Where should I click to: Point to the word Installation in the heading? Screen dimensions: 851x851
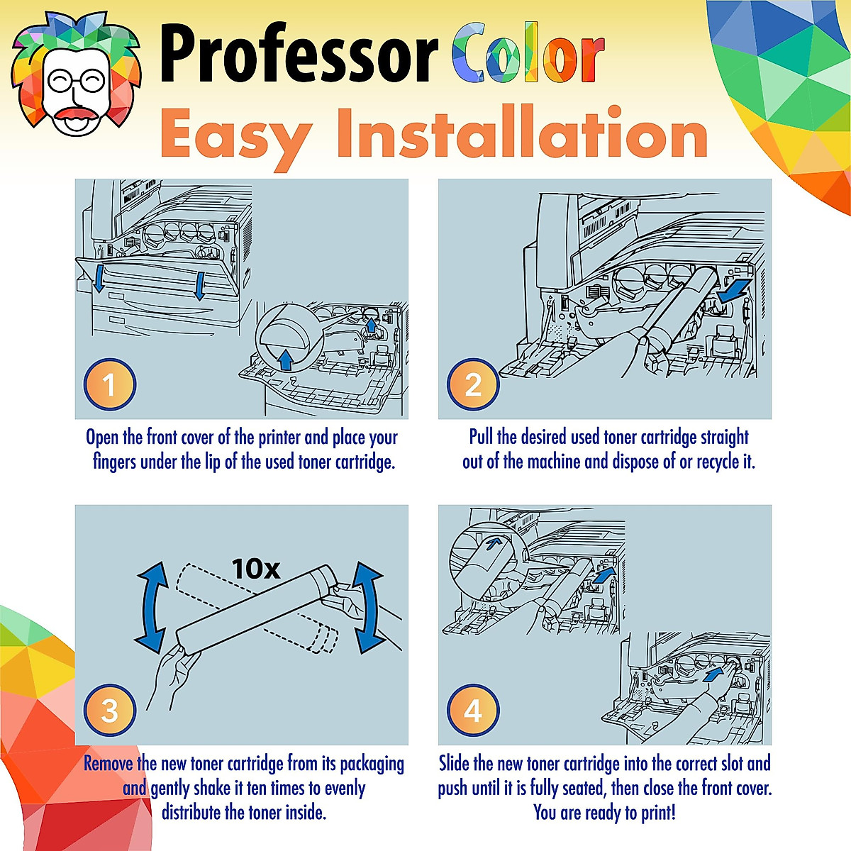tap(522, 133)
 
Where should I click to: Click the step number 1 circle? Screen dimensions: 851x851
tap(109, 385)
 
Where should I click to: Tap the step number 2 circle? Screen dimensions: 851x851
tap(473, 385)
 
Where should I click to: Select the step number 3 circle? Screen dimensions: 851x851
tap(109, 711)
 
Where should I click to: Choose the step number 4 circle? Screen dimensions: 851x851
tap(473, 711)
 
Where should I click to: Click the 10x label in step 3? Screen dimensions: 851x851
tap(255, 569)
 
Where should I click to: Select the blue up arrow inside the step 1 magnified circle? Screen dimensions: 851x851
tap(285, 360)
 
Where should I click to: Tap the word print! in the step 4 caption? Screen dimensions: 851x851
tap(658, 812)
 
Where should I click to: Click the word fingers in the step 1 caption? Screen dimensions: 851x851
tap(115, 462)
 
